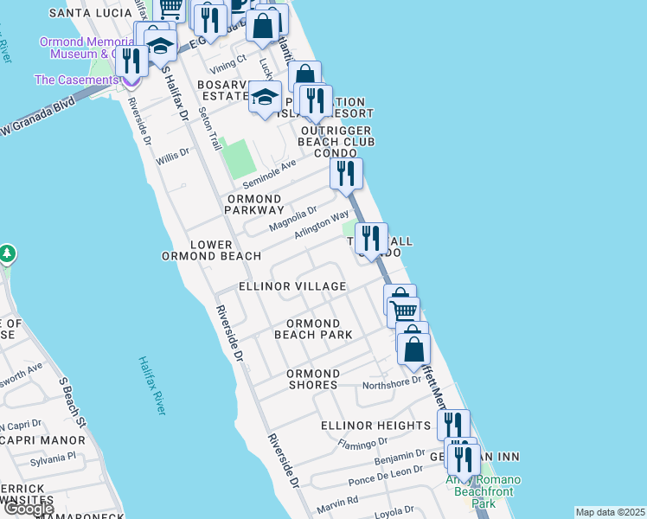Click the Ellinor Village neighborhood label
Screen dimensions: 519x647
point(294,286)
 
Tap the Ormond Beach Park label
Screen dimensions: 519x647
point(313,329)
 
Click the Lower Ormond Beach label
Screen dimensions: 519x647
point(211,250)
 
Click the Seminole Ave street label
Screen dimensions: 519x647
point(268,173)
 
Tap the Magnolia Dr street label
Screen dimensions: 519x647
point(292,218)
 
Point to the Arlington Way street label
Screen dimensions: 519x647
point(322,227)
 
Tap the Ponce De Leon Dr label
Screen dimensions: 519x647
point(385,475)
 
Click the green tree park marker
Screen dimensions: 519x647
point(7,253)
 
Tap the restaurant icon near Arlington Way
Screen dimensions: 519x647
point(371,239)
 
